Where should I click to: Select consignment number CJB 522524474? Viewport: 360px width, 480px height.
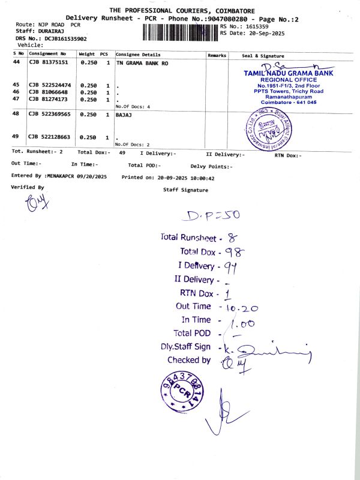50,85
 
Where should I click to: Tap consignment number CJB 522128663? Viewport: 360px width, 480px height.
50,137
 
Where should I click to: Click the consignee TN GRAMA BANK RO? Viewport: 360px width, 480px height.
140,62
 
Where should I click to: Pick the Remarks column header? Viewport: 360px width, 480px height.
217,55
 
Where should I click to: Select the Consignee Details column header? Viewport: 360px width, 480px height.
138,55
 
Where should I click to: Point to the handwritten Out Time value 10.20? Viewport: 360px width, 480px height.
242,307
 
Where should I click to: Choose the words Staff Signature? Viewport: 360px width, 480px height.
185,190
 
